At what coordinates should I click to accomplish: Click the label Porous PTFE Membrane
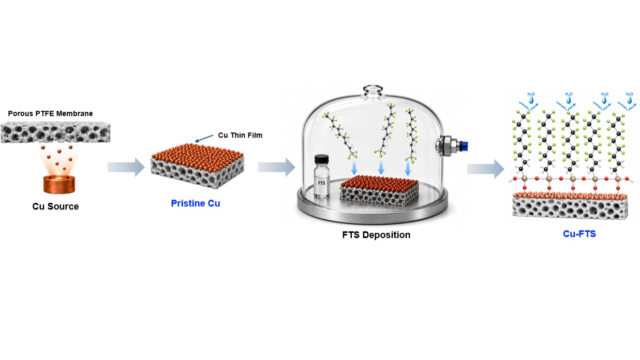pos(50,113)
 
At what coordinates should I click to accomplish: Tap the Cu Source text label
pos(55,206)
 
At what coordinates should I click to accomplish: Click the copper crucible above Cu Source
pos(59,184)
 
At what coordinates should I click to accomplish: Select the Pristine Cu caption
pos(196,203)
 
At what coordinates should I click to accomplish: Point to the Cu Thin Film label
pos(240,135)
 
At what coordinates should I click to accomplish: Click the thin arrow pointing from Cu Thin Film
pos(204,138)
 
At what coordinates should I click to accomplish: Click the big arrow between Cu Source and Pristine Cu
pos(126,167)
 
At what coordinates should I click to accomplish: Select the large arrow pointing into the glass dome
pos(277,167)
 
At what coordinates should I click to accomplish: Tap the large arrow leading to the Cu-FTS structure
pos(486,169)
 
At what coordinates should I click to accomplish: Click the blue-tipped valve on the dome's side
pos(452,146)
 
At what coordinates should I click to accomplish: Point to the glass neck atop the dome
pos(373,92)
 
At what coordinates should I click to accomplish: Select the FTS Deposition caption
pos(376,235)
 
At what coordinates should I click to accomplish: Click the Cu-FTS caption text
pos(579,234)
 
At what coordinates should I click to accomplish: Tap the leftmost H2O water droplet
pos(531,100)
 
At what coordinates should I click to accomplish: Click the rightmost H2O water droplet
pos(630,100)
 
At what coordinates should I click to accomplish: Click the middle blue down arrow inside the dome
pos(381,168)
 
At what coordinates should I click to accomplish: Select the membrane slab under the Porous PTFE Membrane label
pos(55,132)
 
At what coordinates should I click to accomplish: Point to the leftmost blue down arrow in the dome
pos(354,168)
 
